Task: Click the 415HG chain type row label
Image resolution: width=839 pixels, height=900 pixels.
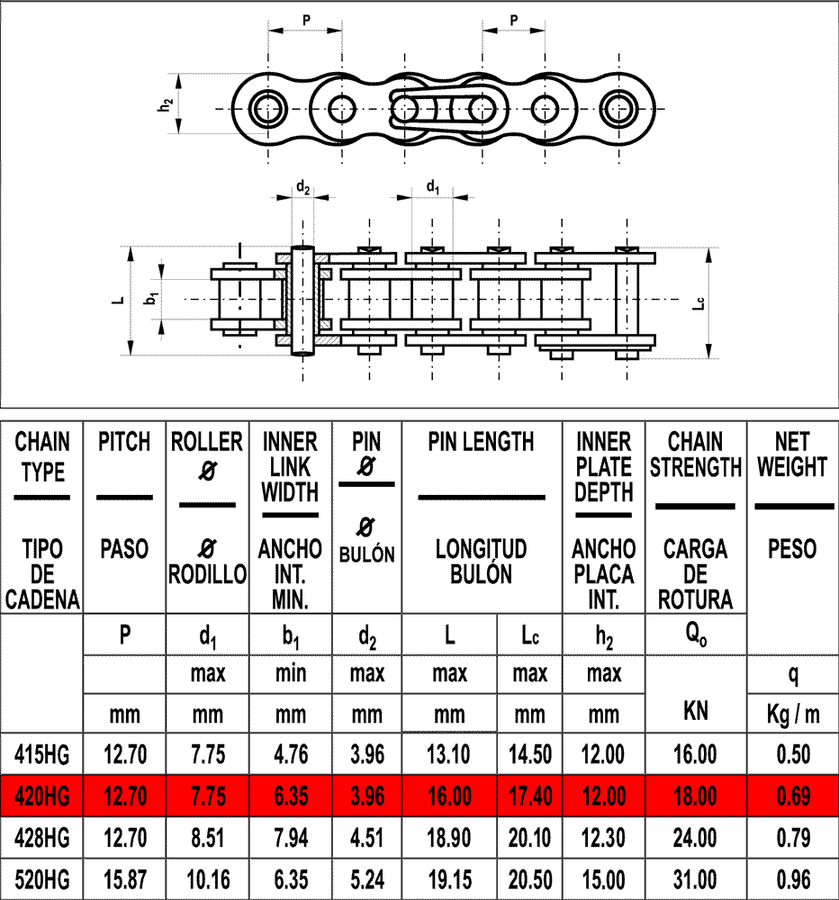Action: tap(42, 754)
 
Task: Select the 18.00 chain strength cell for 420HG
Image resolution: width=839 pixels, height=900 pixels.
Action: tap(696, 796)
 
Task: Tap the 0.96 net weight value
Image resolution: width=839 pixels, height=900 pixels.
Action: tap(793, 879)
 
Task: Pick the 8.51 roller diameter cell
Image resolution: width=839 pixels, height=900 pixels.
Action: tap(208, 839)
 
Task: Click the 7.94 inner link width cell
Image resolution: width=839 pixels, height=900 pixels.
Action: tap(290, 839)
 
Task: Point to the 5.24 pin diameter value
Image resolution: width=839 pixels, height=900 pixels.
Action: tap(367, 879)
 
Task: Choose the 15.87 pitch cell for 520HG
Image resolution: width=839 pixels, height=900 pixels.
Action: tap(124, 879)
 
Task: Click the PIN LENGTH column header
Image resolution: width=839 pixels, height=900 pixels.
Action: tap(481, 442)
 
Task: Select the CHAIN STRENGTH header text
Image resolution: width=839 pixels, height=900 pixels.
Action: tap(696, 454)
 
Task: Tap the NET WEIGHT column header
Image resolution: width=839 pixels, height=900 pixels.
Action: tap(793, 454)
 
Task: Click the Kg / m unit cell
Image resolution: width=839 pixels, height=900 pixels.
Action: tap(793, 715)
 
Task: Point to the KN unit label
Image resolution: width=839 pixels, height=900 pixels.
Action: tap(696, 710)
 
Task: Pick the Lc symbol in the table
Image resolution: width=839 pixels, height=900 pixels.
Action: tap(529, 635)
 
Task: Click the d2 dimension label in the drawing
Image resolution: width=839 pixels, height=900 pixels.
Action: tap(303, 188)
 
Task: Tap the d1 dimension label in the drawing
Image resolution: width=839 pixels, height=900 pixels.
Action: tap(433, 188)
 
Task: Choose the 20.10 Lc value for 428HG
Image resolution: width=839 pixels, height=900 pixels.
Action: tap(529, 839)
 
